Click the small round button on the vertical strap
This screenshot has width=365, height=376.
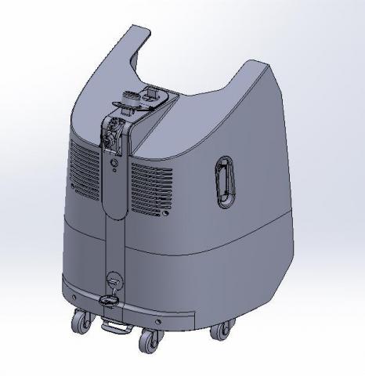[115, 164]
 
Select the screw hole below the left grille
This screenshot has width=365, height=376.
[74, 188]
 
